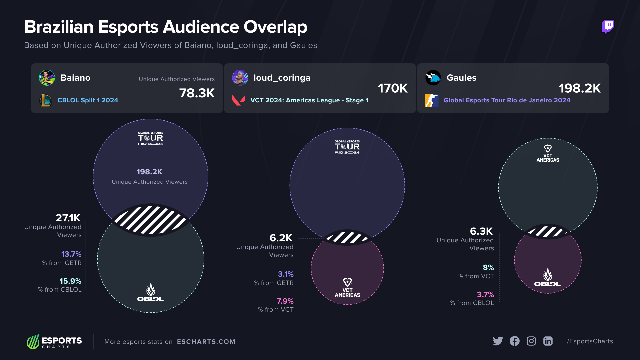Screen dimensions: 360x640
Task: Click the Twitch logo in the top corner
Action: pos(607,27)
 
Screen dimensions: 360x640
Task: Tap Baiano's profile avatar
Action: pos(47,78)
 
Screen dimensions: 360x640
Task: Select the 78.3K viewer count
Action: pos(197,93)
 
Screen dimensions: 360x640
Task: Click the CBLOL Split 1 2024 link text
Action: pos(88,100)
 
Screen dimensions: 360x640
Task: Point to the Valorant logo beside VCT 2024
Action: pos(239,100)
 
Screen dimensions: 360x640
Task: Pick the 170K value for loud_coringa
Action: pos(392,88)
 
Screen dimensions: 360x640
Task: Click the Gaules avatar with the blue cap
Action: pos(433,78)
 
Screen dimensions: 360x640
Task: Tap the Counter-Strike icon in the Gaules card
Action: pos(431,100)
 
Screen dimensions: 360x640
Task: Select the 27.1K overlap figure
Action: pos(68,218)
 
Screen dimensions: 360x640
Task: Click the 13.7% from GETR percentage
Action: pos(71,254)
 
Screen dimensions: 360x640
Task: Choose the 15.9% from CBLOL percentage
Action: pos(70,281)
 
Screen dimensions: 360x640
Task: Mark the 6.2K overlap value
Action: pos(281,238)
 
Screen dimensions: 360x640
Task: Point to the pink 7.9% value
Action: pos(285,301)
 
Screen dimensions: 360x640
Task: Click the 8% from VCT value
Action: pos(488,267)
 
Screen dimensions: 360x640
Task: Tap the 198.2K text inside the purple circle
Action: pos(149,172)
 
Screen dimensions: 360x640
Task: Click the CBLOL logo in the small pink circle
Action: pos(547,278)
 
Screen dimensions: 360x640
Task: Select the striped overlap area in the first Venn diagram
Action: pos(150,220)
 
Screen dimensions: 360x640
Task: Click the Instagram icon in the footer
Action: pos(531,341)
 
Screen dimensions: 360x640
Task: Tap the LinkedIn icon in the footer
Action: pos(548,341)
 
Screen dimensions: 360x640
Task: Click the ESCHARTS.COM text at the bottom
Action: pos(206,342)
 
